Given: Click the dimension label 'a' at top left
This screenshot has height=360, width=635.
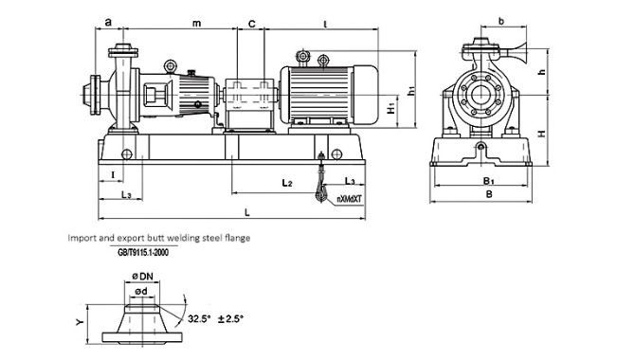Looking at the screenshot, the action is (108, 22).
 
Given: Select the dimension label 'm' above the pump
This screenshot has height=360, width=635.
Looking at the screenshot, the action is (196, 24).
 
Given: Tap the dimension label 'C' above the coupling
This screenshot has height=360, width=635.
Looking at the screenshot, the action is (252, 24).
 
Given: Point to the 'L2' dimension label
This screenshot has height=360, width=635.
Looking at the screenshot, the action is (287, 183).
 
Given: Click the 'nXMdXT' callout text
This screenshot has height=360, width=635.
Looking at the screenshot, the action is (349, 199).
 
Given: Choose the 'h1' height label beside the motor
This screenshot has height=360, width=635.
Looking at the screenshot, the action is (412, 91).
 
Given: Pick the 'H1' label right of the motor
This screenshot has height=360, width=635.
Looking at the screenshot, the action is (390, 108).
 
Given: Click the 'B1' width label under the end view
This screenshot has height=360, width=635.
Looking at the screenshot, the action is (489, 181).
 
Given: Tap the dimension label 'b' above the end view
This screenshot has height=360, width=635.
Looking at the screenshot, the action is (501, 21).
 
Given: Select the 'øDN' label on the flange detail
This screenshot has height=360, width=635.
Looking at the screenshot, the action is (142, 277).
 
